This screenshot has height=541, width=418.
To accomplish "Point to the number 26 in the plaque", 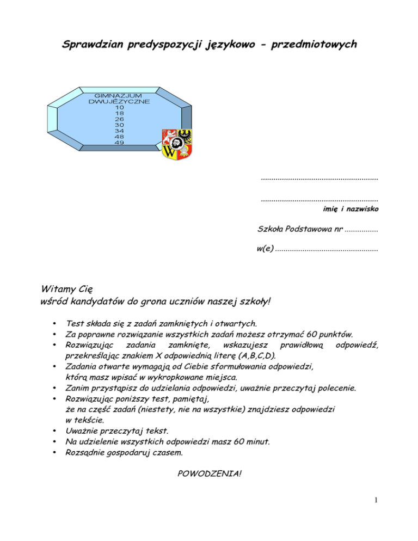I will (120, 119).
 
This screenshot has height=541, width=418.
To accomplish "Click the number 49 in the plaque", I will (120, 142).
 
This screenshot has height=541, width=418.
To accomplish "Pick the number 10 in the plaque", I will (120, 107).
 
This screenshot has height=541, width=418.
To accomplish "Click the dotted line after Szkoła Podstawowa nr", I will (361, 230).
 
